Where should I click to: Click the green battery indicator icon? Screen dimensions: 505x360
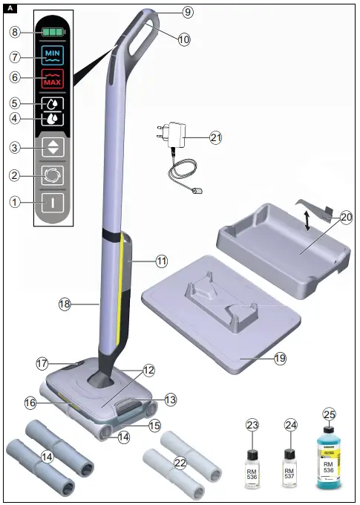pos(53,33)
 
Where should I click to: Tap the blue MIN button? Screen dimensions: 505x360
pos(53,56)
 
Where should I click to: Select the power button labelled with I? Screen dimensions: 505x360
pos(53,201)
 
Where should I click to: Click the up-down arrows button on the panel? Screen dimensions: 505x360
pos(53,147)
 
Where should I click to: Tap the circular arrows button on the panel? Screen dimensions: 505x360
pos(53,175)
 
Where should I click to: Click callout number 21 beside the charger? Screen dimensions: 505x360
pos(215,137)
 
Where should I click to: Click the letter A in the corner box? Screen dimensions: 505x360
pos(8,8)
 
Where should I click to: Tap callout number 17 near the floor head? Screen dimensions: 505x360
pos(42,364)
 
